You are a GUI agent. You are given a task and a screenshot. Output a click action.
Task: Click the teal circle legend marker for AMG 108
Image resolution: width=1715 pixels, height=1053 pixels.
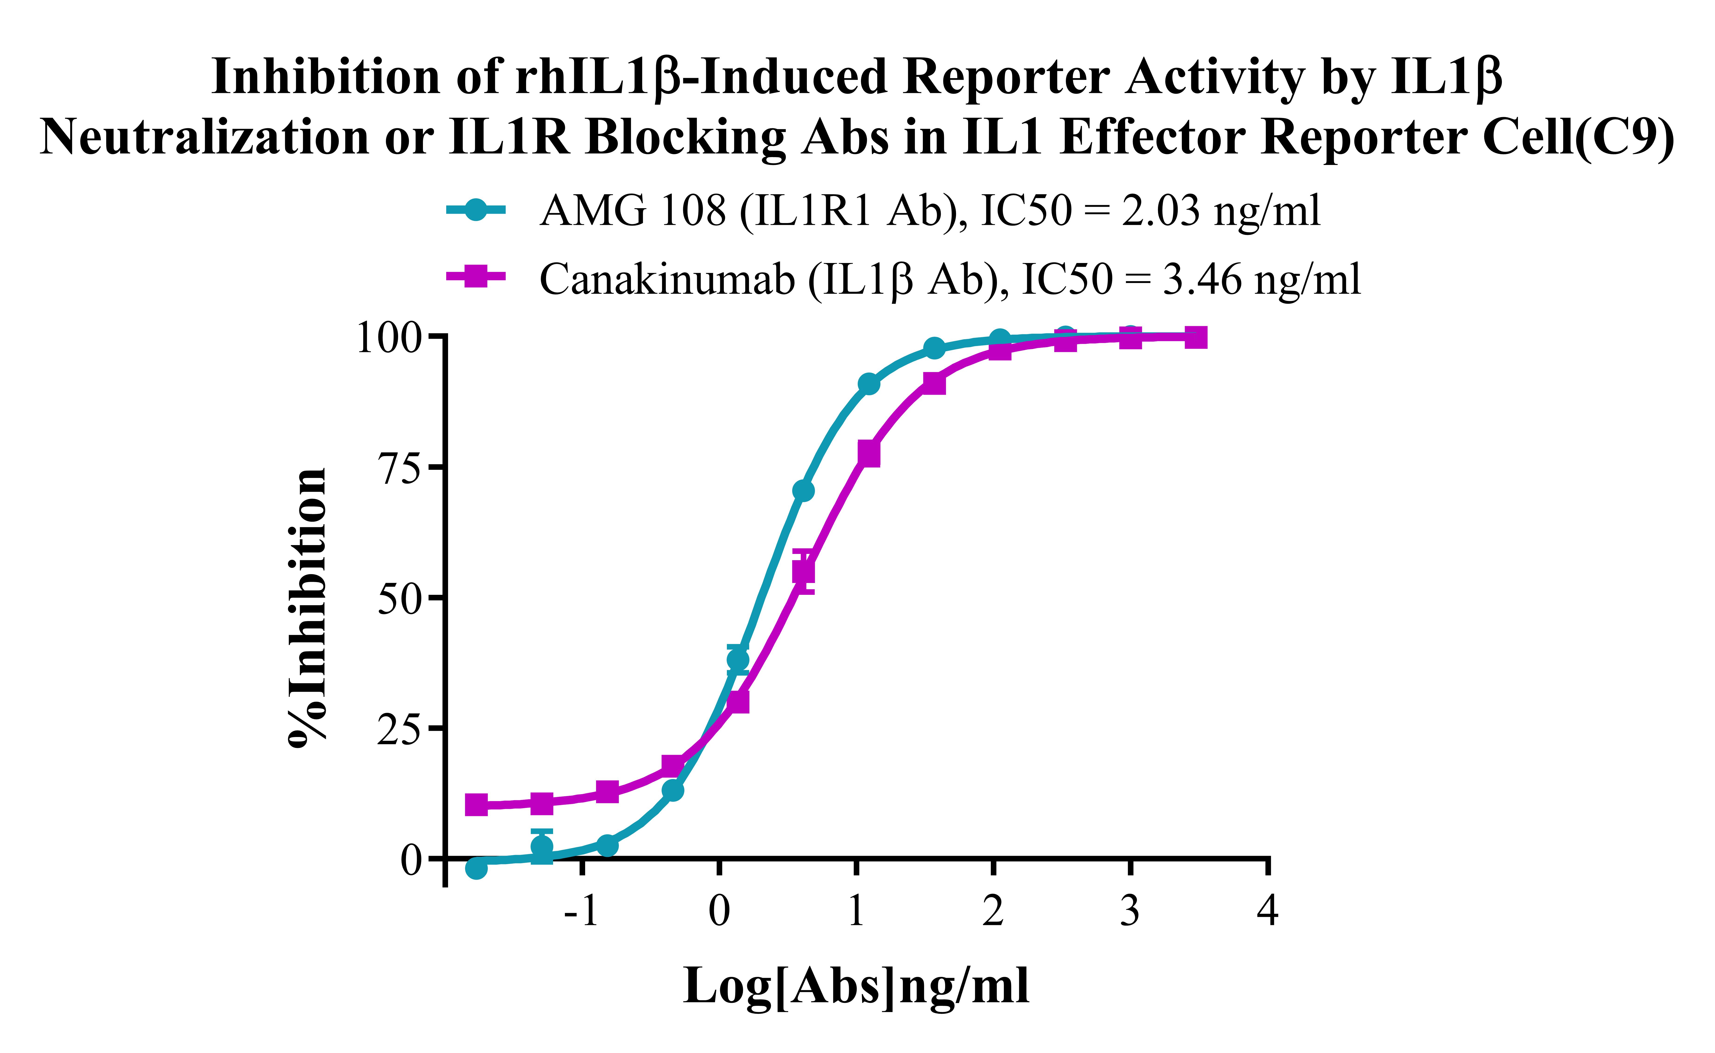coord(476,210)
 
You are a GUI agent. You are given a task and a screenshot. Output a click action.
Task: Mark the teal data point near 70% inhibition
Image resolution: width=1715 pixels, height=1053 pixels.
coord(803,491)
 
